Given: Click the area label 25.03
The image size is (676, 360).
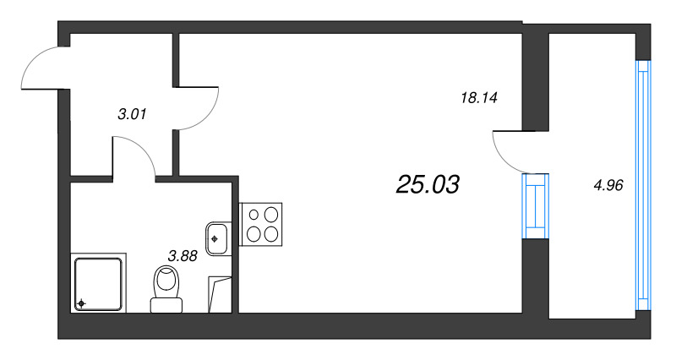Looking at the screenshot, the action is pyautogui.click(x=428, y=184).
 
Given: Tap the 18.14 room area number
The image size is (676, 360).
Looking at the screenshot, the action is pyautogui.click(x=479, y=98).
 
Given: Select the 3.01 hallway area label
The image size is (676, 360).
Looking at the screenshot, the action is pyautogui.click(x=132, y=114).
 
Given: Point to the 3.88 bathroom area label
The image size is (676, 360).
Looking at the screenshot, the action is pyautogui.click(x=183, y=257).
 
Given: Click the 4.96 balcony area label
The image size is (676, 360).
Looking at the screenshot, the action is pyautogui.click(x=608, y=185).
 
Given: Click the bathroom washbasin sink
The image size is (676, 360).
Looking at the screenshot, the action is pyautogui.click(x=218, y=238).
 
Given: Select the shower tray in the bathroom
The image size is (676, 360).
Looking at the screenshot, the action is pyautogui.click(x=98, y=283).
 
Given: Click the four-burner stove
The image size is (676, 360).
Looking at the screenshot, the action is pyautogui.click(x=260, y=224).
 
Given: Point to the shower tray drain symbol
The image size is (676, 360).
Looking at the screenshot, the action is pyautogui.click(x=81, y=303).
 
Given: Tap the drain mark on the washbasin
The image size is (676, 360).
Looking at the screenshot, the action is pyautogui.click(x=214, y=238).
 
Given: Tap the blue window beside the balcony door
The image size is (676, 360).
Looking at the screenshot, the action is pyautogui.click(x=536, y=205).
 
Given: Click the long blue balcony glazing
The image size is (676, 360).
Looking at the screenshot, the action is pyautogui.click(x=643, y=185).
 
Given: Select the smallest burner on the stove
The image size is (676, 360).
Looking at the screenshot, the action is pyautogui.click(x=254, y=215).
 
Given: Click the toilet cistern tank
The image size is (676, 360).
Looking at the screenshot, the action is pyautogui.click(x=166, y=305).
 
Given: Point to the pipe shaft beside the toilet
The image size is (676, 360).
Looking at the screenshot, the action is pyautogui.click(x=220, y=295).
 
